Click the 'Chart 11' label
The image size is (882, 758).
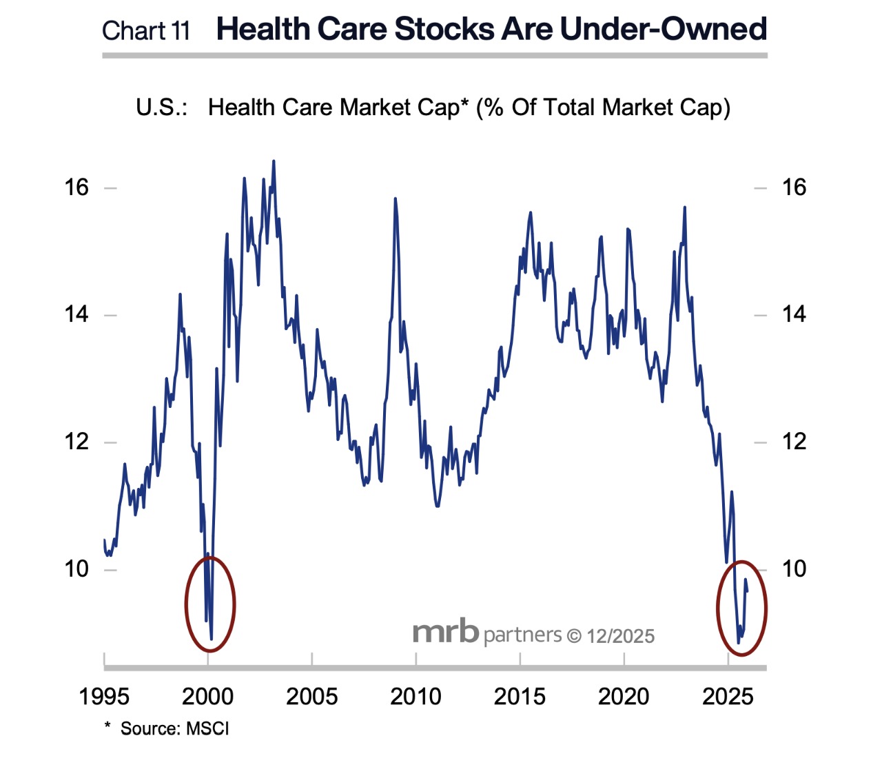pyautogui.click(x=145, y=31)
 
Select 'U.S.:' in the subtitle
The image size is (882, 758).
pyautogui.click(x=161, y=107)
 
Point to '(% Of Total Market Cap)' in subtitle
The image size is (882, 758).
pyautogui.click(x=603, y=107)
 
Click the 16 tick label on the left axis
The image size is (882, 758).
pyautogui.click(x=76, y=187)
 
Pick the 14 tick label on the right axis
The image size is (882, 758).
pyautogui.click(x=794, y=314)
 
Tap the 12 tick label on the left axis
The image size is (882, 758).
pyautogui.click(x=76, y=441)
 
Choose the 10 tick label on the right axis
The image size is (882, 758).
pyautogui.click(x=794, y=568)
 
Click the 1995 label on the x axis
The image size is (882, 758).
pyautogui.click(x=104, y=697)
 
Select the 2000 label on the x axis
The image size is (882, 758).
pyautogui.click(x=207, y=697)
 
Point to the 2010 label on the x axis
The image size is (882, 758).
pyautogui.click(x=416, y=697)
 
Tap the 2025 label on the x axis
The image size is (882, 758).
pyautogui.click(x=728, y=697)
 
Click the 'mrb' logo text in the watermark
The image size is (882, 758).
pyautogui.click(x=445, y=632)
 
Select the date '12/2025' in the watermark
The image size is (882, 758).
pyautogui.click(x=620, y=636)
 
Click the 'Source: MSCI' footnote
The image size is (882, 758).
pyautogui.click(x=174, y=728)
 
